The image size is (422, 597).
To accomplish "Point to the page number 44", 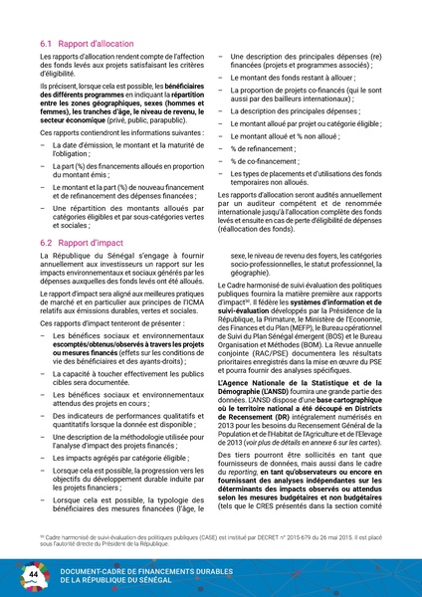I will click(x=33, y=574).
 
